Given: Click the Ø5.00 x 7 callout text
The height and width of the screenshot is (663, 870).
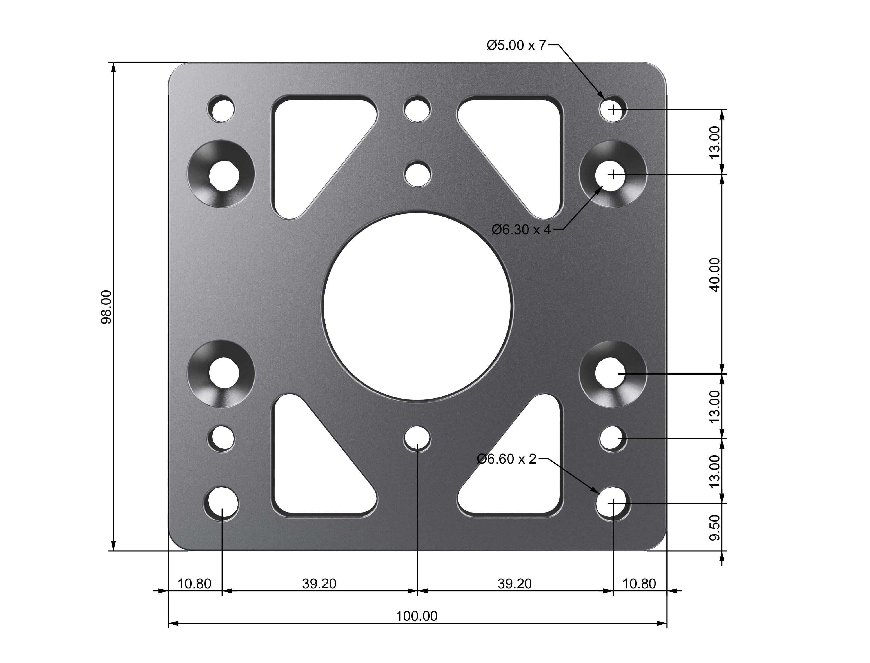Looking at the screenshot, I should pos(516,45).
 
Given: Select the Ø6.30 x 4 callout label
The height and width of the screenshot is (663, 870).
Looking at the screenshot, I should pos(521,229).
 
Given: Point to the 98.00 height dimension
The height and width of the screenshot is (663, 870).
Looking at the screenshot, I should pos(106,307).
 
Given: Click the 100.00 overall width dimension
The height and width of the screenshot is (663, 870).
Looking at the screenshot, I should pos(417,616).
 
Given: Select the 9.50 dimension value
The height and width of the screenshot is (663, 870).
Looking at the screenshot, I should pos(715,528).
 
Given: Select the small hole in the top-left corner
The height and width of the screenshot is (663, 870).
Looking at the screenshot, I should pos(221,108).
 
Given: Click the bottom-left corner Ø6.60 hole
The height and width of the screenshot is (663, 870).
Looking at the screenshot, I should pos(221,504).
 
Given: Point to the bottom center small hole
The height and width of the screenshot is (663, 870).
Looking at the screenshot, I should pos(417,438).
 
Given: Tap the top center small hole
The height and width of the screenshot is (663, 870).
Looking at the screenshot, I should pos(417,108).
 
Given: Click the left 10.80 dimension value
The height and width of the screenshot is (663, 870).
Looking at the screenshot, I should pos(194,583).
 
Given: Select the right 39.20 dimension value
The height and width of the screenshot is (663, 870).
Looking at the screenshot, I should pos(515,583).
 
